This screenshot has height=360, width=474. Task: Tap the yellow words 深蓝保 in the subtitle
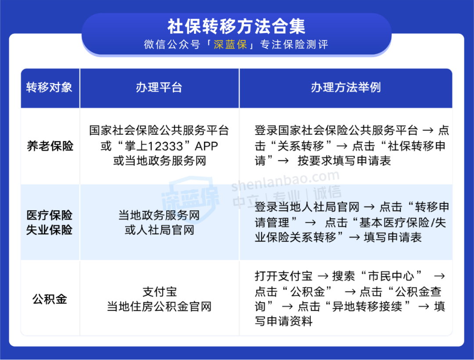230,45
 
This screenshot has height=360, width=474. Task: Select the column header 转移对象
49,87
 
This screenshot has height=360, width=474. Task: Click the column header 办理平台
159,87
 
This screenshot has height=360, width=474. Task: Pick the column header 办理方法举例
346,87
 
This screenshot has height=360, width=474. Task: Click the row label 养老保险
50,146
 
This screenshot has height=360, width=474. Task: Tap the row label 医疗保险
49,215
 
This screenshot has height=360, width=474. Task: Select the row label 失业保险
49,230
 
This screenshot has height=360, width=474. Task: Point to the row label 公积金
50,299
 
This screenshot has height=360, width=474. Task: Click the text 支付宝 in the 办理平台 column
159,292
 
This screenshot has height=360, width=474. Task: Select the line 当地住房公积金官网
159,306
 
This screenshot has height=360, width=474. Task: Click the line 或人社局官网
159,230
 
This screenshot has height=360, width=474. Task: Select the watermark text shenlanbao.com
285,180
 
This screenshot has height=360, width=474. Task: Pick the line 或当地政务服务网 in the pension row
159,161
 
